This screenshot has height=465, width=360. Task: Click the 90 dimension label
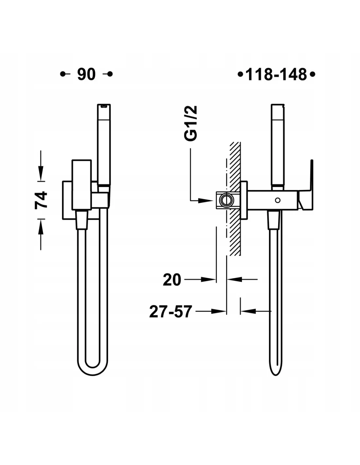click(x=86, y=74)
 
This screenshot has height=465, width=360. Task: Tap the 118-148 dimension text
click(x=276, y=75)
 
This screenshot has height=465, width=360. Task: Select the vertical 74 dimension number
click(x=41, y=200)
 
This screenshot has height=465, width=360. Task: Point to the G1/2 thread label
click(x=190, y=123)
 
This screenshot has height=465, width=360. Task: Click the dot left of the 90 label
click(x=63, y=74)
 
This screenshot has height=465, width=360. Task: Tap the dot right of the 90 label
click(x=110, y=74)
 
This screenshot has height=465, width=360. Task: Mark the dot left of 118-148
click(x=241, y=75)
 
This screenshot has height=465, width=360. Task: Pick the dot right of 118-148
click(x=313, y=75)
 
